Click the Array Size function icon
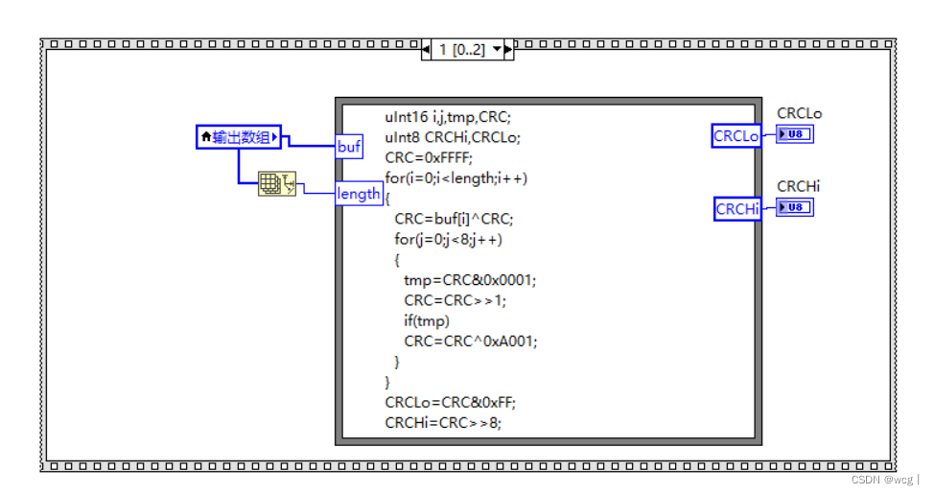click(x=278, y=184)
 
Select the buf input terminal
click(x=349, y=147)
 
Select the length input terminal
click(x=359, y=194)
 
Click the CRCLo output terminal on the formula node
click(x=736, y=136)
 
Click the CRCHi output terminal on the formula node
click(x=736, y=208)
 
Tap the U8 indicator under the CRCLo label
click(x=795, y=134)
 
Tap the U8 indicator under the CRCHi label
click(x=795, y=206)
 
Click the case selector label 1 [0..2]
click(x=460, y=50)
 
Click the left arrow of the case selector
click(x=427, y=50)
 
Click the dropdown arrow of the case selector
click(x=498, y=50)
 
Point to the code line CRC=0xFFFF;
click(x=430, y=157)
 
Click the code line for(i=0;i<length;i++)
click(x=456, y=177)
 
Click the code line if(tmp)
click(x=426, y=319)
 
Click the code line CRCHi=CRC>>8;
click(x=443, y=421)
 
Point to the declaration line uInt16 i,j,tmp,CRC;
click(x=448, y=117)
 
